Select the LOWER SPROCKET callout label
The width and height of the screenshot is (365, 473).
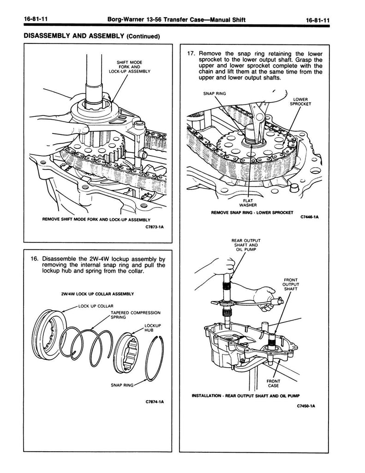pos(300,102)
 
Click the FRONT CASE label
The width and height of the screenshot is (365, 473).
pos(273,383)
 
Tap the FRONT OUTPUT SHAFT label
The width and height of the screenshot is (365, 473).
pos(291,285)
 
